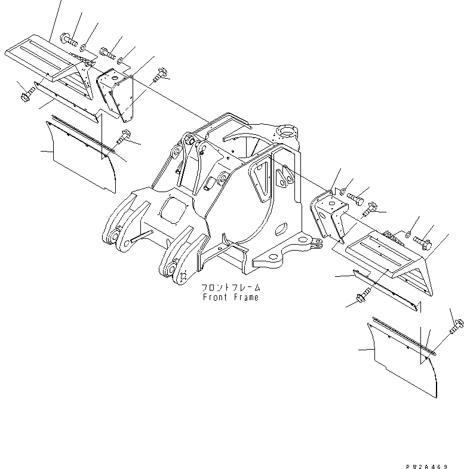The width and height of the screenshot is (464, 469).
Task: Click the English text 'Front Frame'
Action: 231,297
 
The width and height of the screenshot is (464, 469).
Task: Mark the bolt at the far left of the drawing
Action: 26,95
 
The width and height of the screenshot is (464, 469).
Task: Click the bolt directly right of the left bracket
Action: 160,76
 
